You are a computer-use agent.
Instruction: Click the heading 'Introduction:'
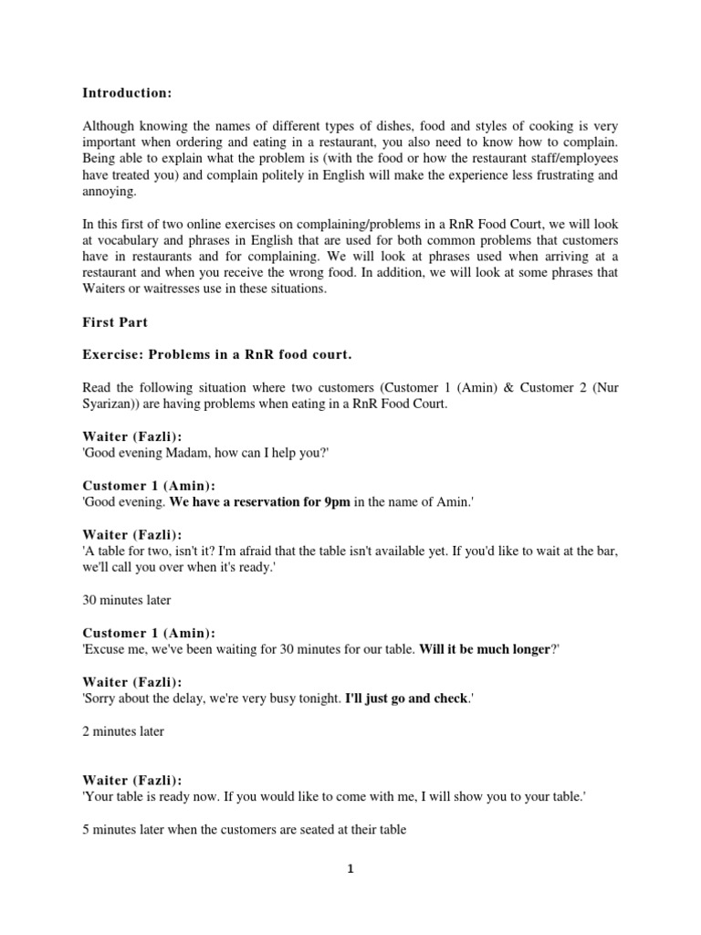point(127,93)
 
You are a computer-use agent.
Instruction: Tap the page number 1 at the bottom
point(350,869)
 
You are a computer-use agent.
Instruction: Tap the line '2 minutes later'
point(123,731)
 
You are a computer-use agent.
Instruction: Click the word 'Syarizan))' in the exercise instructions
point(113,404)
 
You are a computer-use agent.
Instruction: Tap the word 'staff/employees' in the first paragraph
point(569,158)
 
